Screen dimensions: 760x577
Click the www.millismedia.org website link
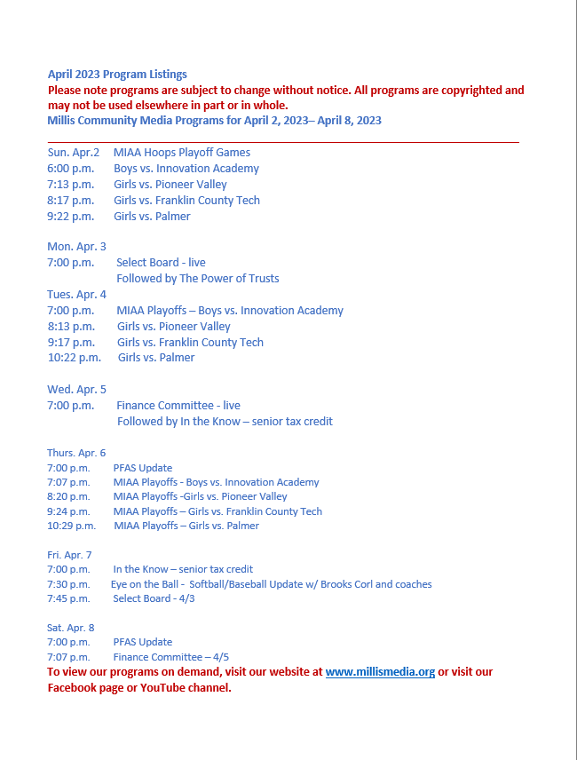click(x=380, y=672)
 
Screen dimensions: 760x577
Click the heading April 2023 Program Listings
click(x=117, y=74)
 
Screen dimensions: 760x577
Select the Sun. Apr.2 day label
click(x=74, y=153)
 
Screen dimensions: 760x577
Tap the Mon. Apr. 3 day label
click(x=76, y=247)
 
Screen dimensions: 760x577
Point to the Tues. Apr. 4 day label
click(x=76, y=295)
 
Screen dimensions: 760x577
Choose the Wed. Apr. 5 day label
click(x=76, y=389)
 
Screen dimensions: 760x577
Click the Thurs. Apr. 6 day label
click(x=76, y=453)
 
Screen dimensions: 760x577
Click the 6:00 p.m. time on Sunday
click(x=71, y=169)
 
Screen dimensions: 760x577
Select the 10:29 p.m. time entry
click(x=72, y=526)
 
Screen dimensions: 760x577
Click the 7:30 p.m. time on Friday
click(x=68, y=584)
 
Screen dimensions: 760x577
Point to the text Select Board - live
click(x=161, y=263)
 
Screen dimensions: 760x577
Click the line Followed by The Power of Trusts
click(x=198, y=279)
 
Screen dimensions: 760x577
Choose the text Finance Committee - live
click(x=178, y=406)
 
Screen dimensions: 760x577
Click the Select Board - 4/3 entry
click(x=154, y=598)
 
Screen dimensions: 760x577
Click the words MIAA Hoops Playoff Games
click(x=182, y=153)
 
